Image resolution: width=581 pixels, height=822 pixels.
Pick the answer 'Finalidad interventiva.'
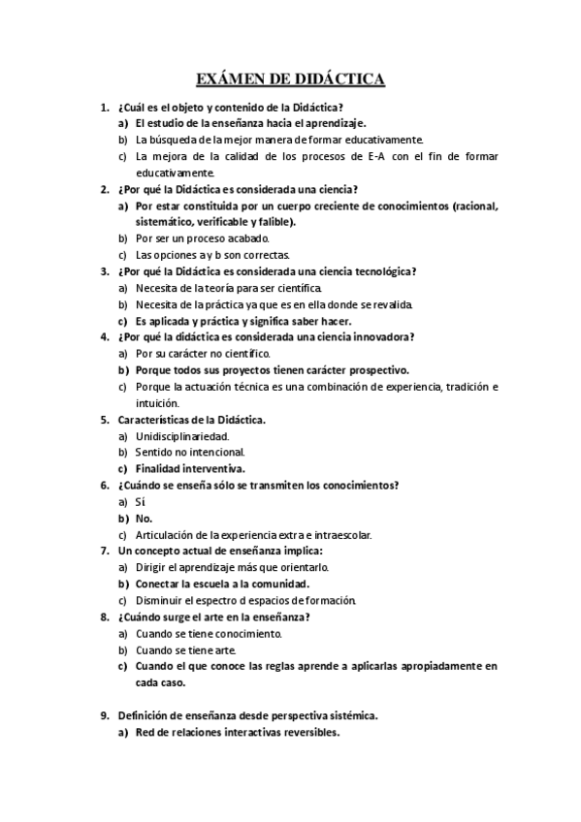click(190, 469)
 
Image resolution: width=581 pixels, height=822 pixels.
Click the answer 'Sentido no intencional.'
click(190, 453)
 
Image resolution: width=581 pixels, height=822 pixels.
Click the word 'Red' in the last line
click(145, 733)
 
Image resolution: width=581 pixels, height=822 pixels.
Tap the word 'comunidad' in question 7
click(277, 584)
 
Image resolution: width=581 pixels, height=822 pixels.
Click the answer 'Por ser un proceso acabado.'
click(202, 238)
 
